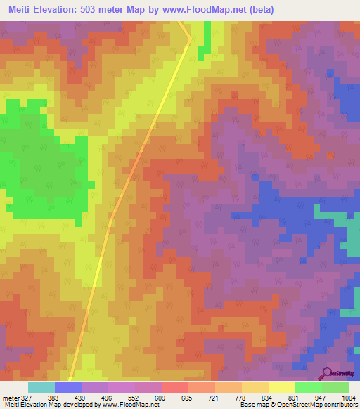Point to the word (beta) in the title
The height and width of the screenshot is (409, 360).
click(258, 10)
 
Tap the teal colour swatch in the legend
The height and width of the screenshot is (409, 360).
click(41, 387)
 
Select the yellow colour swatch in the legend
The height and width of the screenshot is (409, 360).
click(281, 387)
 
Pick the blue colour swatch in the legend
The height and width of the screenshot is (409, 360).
click(67, 387)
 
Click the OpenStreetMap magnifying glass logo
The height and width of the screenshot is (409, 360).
click(328, 372)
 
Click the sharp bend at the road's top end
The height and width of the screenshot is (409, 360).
click(190, 38)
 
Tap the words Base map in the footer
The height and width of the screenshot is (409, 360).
click(251, 405)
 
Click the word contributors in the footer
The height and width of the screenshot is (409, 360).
click(339, 405)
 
